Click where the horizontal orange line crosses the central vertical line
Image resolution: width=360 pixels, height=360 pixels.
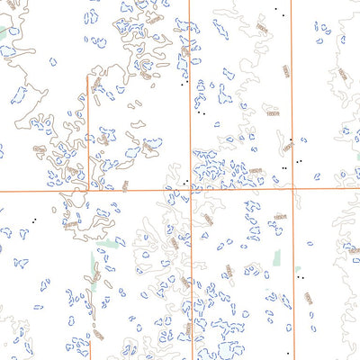tap(190, 190)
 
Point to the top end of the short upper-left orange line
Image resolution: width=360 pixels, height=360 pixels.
tap(88, 77)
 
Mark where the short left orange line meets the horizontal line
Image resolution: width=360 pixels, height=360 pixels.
tap(88, 190)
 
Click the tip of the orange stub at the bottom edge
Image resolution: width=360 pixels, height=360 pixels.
tap(92, 339)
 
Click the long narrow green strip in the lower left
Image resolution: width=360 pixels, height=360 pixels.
tap(94, 265)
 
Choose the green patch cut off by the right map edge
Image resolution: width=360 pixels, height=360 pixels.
tap(357, 130)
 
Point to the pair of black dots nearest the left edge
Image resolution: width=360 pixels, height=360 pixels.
tap(34, 220)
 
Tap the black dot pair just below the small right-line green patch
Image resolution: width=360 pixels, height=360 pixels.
tap(300, 278)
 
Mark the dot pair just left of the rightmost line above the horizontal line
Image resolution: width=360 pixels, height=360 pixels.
tap(284, 167)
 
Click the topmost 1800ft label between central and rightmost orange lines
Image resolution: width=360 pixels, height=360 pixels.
tap(261, 30)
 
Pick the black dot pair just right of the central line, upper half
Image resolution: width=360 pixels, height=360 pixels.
tap(202, 114)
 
